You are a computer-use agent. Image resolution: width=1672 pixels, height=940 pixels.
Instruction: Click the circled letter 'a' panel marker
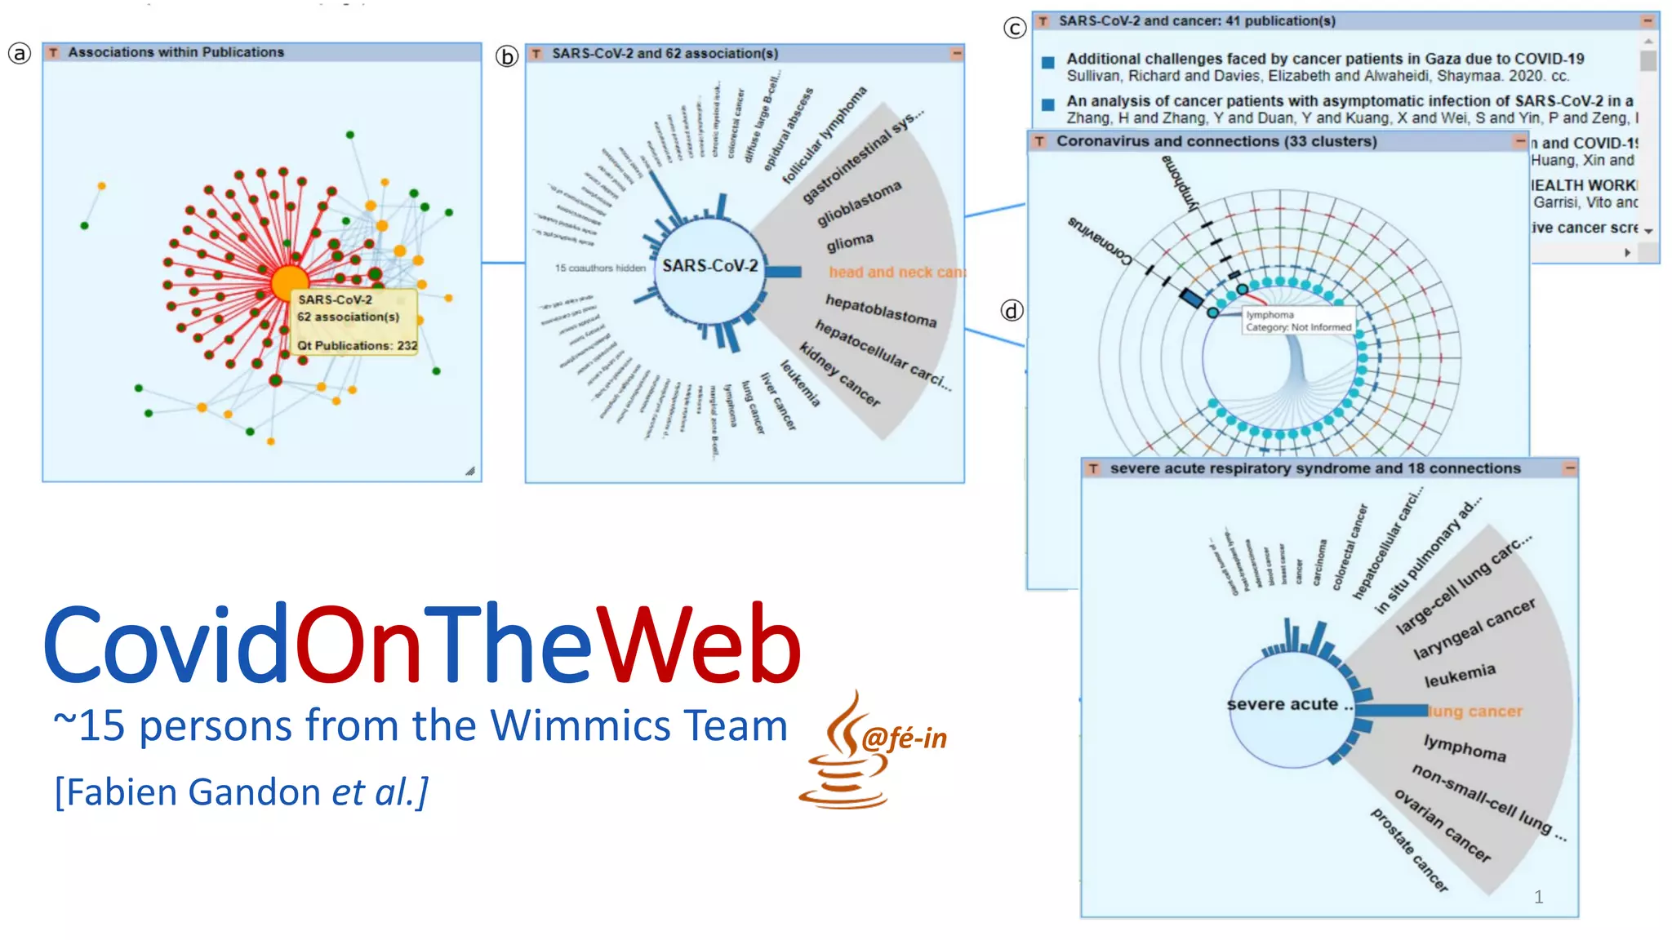point(20,54)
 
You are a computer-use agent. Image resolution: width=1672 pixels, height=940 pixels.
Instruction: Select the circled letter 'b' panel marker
point(507,56)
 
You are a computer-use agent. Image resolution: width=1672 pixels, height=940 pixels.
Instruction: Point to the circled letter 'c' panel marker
point(1014,29)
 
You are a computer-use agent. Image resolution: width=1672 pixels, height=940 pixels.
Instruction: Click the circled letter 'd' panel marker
point(1012,311)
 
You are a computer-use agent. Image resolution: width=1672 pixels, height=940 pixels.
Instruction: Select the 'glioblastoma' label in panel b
point(859,203)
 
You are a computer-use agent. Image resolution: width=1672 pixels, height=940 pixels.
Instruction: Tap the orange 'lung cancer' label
point(1475,712)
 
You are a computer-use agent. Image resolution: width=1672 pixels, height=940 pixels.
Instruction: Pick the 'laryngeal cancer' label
point(1474,629)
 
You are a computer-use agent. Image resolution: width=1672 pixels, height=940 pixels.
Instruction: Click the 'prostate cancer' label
point(1409,849)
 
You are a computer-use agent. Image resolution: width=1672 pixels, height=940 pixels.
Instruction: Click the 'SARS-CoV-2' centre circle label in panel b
point(709,266)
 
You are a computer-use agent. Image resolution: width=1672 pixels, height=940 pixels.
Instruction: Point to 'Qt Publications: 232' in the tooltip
point(357,346)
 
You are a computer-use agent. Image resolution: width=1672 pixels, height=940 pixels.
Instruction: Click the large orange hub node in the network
point(289,283)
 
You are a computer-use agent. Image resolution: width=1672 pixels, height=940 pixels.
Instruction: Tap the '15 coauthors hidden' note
point(600,268)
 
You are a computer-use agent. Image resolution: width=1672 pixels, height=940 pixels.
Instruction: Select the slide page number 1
point(1538,897)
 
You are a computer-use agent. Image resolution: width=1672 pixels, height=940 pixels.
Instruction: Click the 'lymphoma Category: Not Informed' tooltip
point(1297,321)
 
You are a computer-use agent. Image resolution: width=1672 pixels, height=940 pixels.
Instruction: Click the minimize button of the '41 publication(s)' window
point(1648,21)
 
